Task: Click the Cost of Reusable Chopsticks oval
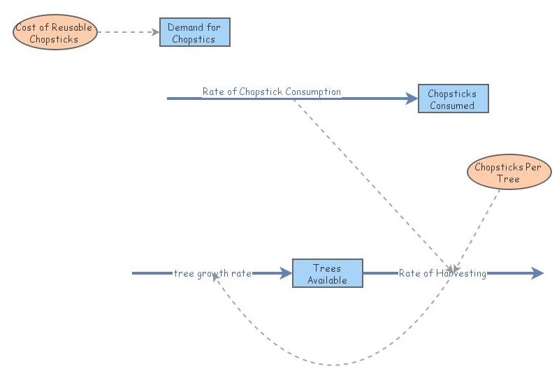click(54, 34)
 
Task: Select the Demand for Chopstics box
click(194, 33)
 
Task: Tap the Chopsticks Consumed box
click(452, 99)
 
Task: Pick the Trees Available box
click(327, 274)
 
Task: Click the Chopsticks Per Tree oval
click(508, 173)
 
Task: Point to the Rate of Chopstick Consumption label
click(271, 92)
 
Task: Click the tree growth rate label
click(212, 273)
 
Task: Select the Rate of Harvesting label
click(442, 273)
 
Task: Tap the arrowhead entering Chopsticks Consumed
click(412, 99)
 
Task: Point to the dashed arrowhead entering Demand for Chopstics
click(156, 31)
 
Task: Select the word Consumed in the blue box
click(452, 106)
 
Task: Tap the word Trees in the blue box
click(327, 268)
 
